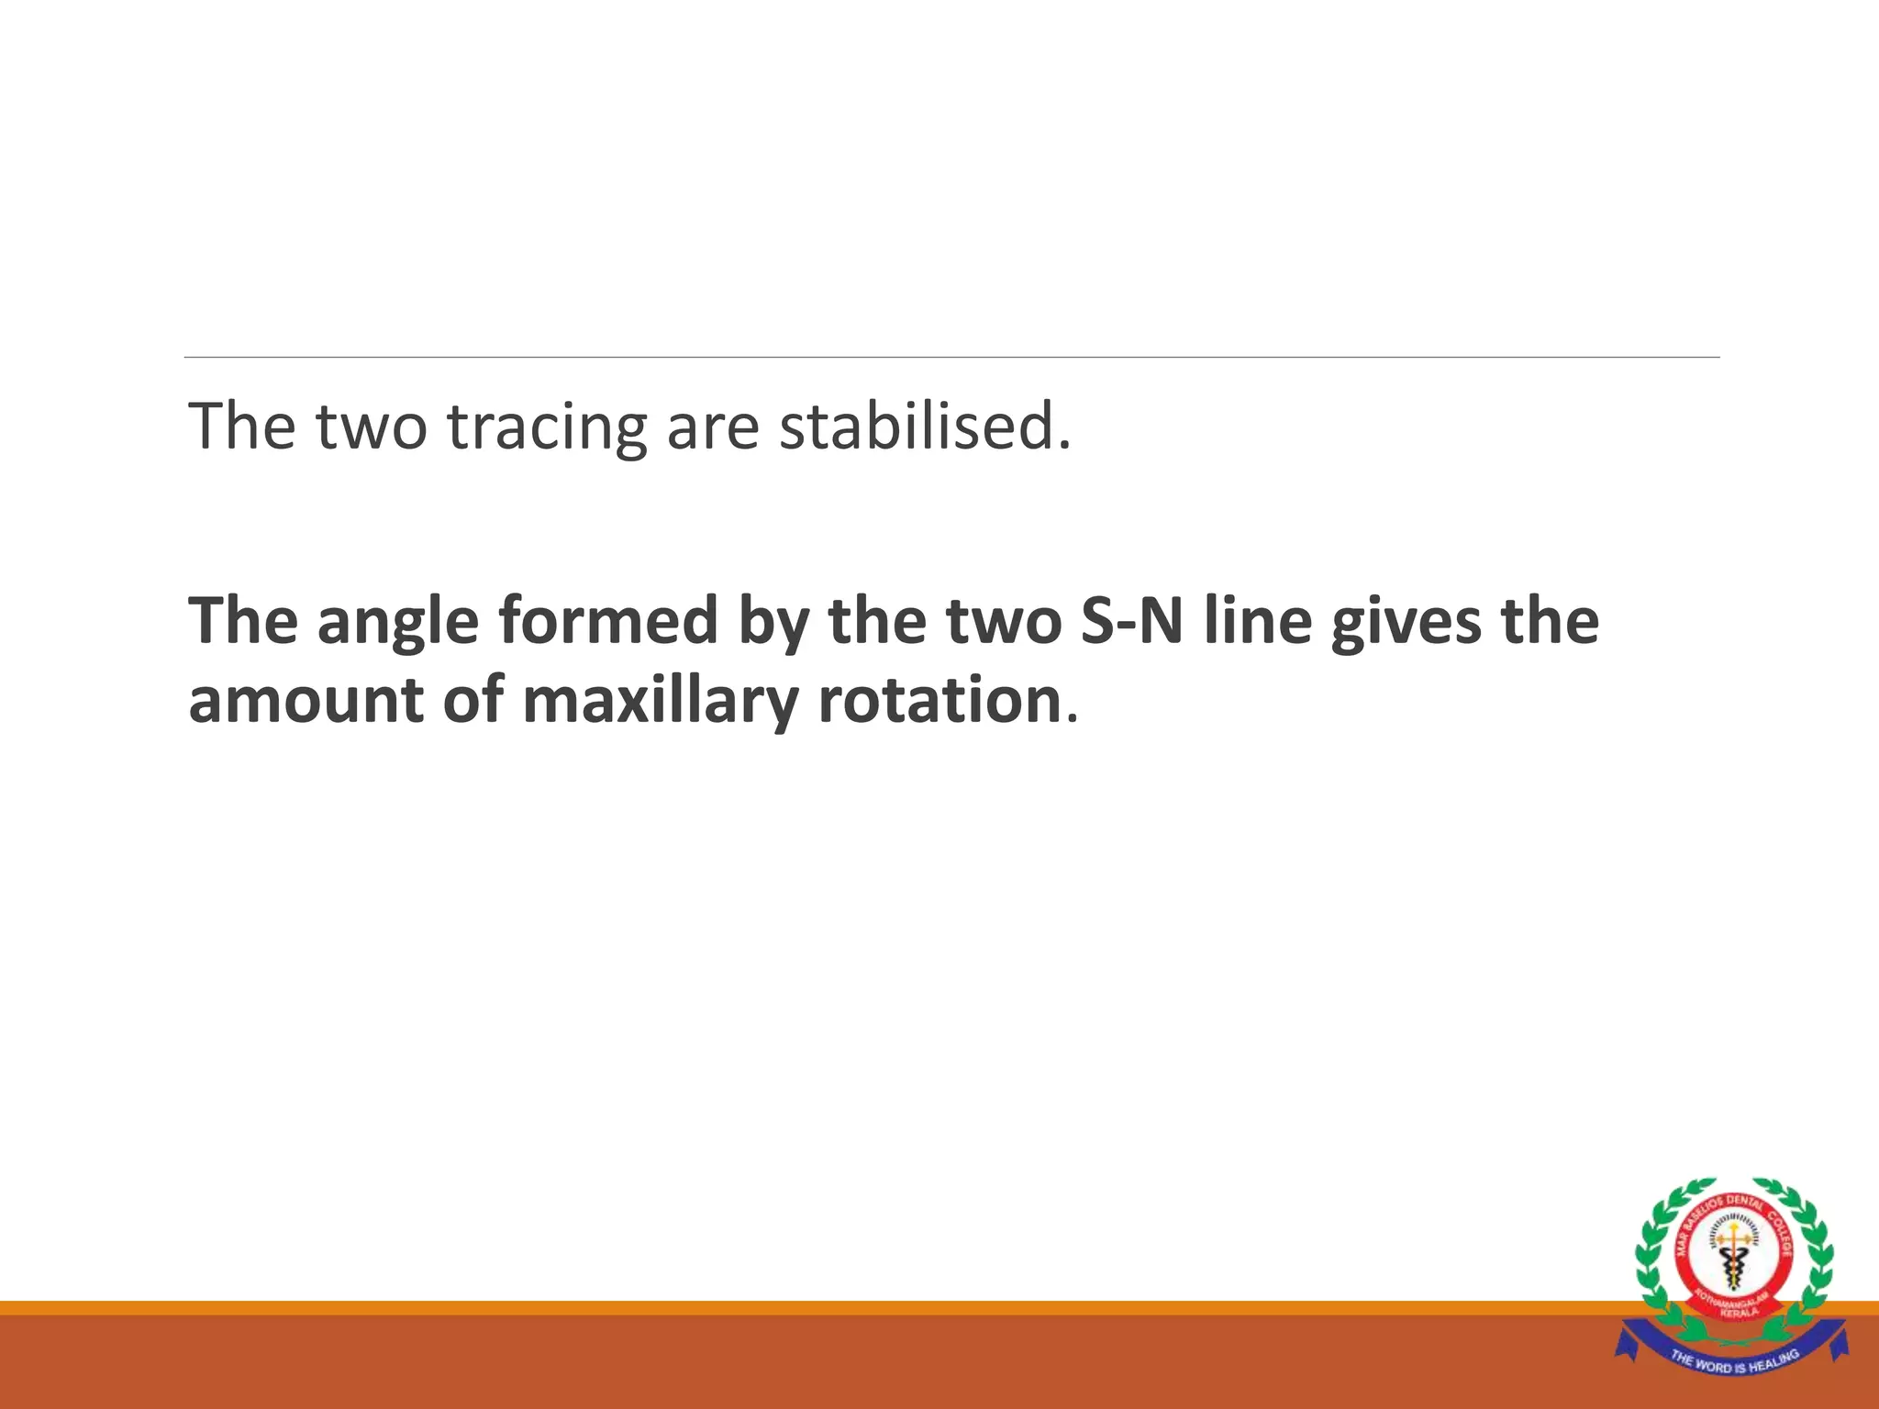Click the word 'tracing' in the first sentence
click(x=548, y=427)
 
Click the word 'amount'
click(x=306, y=701)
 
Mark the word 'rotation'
click(x=939, y=701)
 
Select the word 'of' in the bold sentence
click(x=473, y=701)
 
